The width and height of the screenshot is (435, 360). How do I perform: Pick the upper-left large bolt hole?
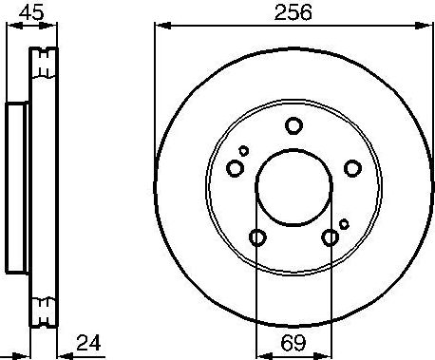[x=235, y=168]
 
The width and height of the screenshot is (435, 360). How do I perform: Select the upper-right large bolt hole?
[x=352, y=168]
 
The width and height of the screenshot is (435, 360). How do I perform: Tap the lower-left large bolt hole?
[x=256, y=237]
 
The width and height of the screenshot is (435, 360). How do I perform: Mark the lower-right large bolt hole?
[x=331, y=237]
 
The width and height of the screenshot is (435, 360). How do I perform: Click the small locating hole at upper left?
[x=244, y=150]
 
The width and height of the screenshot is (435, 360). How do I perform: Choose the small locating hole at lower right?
[x=344, y=224]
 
